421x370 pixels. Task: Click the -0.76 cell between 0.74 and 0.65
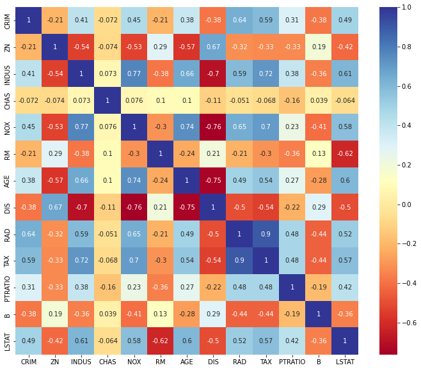(213, 127)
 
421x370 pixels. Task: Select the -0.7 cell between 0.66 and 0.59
(213, 73)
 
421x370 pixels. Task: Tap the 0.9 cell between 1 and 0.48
(266, 234)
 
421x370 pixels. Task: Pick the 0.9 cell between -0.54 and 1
(239, 261)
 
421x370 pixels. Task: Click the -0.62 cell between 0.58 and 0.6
(345, 154)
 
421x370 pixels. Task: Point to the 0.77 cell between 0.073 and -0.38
(134, 73)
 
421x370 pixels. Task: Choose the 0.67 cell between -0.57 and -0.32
(213, 47)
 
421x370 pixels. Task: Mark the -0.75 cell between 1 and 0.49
(213, 181)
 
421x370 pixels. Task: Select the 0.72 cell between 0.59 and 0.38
(266, 73)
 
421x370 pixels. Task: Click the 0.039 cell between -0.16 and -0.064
(319, 100)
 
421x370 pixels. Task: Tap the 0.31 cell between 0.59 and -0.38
(292, 20)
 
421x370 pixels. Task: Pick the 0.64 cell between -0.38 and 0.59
(239, 20)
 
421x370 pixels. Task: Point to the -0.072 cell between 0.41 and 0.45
(107, 20)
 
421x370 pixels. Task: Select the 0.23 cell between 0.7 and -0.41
(292, 127)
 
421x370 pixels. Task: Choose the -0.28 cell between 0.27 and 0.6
(319, 181)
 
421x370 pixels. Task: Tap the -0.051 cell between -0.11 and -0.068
(239, 100)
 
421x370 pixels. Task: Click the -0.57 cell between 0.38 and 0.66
(55, 181)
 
